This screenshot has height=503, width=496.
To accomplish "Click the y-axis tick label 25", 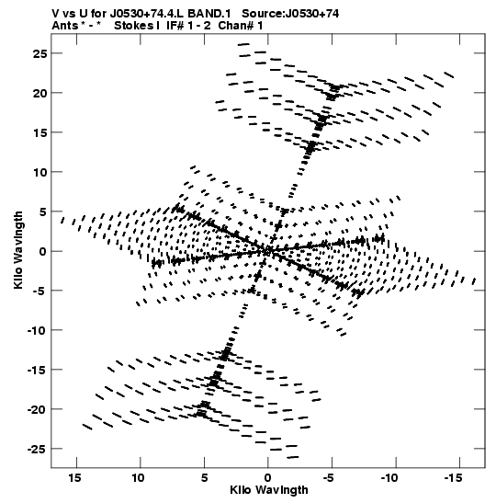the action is tap(39, 53).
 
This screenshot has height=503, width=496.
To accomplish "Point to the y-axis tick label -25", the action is tap(37, 449).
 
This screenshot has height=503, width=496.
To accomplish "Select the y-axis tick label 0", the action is tap(42, 251).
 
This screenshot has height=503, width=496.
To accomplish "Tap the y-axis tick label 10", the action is tap(39, 172).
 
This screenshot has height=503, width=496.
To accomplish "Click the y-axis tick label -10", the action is tap(37, 330).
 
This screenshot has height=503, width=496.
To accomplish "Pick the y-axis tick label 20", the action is tap(39, 93).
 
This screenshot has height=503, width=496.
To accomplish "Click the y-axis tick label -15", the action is tap(37, 370).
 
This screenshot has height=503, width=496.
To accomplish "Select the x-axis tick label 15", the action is tap(76, 478).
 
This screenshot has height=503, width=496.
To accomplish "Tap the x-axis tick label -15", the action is tap(453, 478).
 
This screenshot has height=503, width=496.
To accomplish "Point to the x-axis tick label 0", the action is tap(268, 478).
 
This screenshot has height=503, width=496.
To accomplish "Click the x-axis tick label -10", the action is tap(389, 478).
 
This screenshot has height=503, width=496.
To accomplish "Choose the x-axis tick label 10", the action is tap(139, 478).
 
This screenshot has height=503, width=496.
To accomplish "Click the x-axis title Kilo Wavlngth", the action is tap(269, 490).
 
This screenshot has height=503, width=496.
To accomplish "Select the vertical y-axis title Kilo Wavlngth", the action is tap(18, 250).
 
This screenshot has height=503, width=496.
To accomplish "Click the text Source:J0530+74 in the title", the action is tap(290, 14).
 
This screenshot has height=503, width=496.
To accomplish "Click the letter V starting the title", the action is tap(55, 14).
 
